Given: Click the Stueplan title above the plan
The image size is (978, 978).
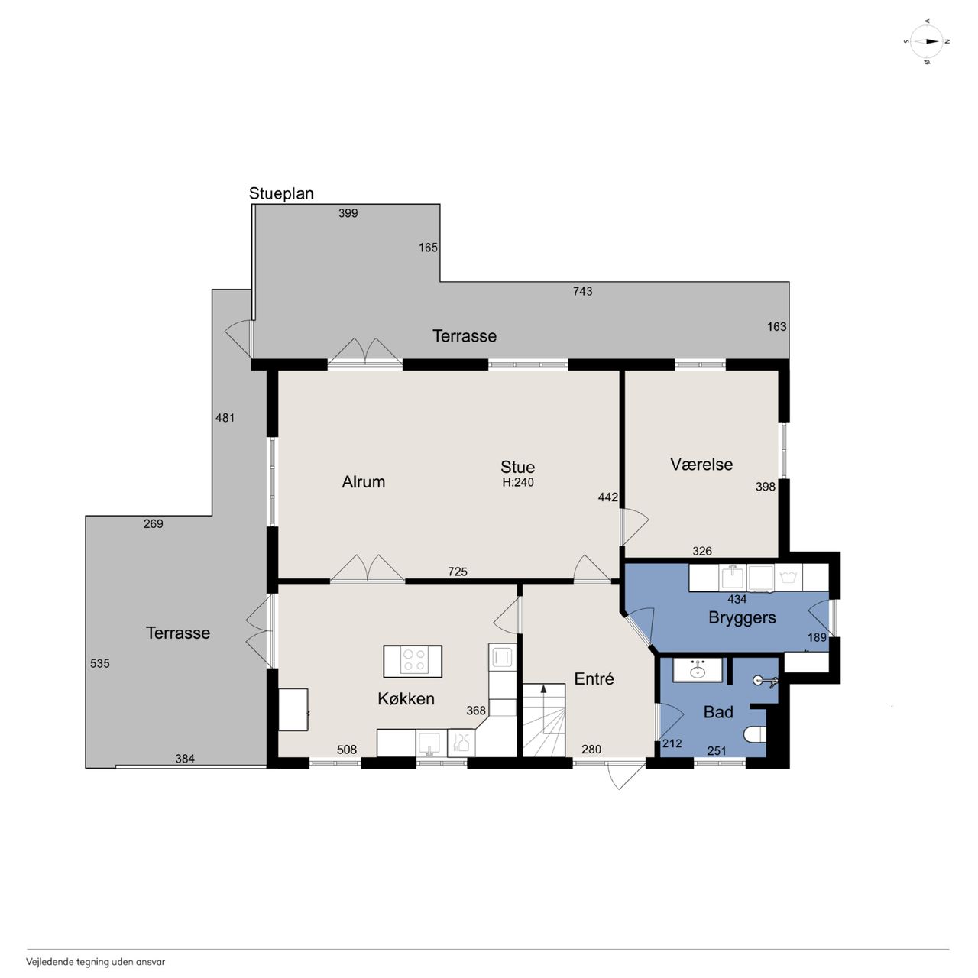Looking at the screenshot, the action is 281,193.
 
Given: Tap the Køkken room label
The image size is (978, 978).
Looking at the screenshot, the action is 406,699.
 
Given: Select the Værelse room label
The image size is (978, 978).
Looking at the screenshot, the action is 701,465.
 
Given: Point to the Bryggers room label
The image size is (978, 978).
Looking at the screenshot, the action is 742,618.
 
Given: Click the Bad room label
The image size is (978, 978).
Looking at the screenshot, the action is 718,712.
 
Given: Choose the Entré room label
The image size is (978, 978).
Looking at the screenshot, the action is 594,678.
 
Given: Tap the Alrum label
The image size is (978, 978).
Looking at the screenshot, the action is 364,481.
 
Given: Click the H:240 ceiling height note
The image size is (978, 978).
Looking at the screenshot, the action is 518,482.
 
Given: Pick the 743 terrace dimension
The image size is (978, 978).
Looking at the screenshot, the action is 583,291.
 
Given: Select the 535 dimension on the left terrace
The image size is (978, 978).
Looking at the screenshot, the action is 100,663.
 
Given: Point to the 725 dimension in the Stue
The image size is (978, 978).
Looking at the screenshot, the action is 457,572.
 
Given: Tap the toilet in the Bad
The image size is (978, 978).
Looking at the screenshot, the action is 755,733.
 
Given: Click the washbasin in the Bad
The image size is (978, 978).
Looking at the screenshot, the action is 698,670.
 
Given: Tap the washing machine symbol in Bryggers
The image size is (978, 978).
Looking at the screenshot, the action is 788,578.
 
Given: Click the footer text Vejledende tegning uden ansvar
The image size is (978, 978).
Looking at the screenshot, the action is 96,962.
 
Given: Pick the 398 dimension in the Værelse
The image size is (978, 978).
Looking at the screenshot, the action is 766,487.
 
